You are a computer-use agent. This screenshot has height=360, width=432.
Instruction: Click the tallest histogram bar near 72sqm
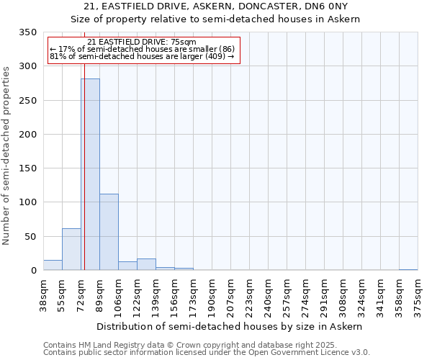[x=90, y=174]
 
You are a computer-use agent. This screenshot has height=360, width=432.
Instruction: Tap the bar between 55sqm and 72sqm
[x=71, y=249]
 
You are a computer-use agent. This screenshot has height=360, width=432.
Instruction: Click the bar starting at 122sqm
[x=146, y=264]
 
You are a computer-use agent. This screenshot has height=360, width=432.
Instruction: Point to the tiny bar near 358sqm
[x=408, y=269]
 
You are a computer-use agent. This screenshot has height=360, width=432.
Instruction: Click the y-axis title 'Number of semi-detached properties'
[x=6, y=155]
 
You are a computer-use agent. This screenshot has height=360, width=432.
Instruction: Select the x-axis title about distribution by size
[x=230, y=326]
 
